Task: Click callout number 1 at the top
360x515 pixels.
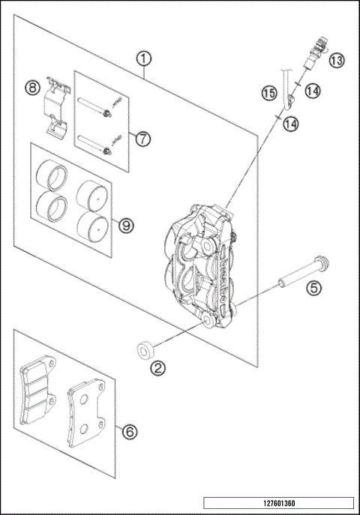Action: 144,58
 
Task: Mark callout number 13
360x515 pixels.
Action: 335,59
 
